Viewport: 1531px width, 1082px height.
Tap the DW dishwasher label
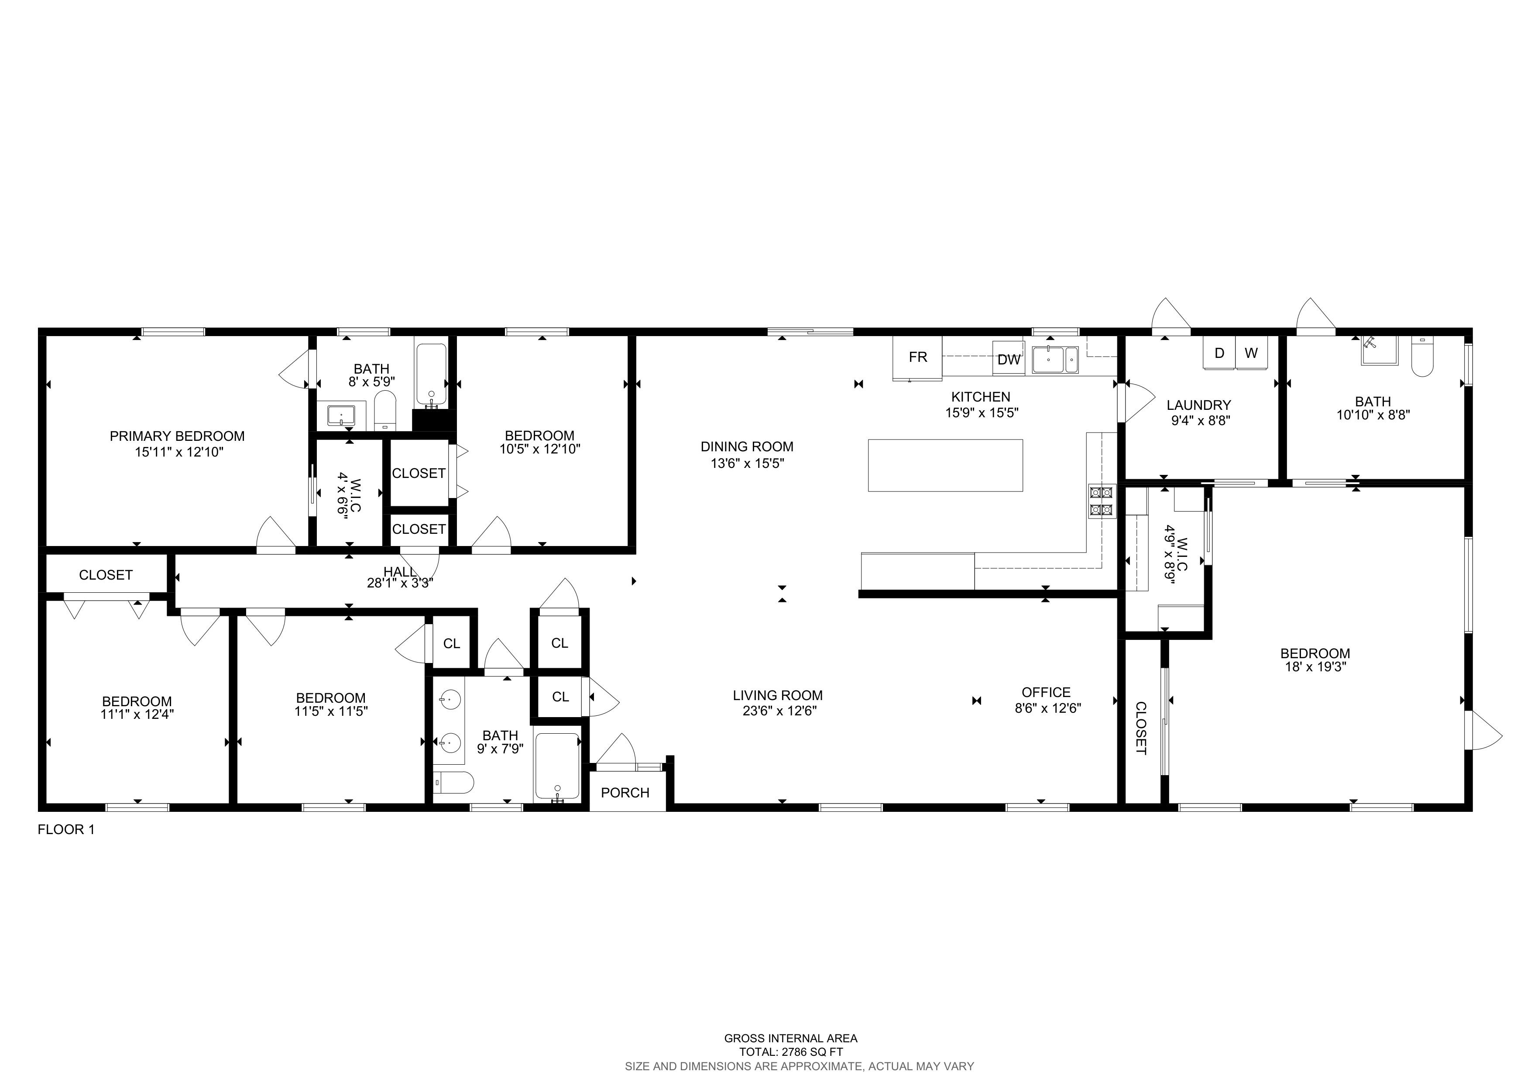click(1009, 360)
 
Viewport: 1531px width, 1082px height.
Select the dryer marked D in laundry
click(1219, 353)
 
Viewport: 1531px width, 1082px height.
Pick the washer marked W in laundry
click(1252, 353)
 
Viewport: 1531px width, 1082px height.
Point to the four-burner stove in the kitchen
click(1101, 502)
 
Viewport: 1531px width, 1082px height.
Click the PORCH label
click(625, 793)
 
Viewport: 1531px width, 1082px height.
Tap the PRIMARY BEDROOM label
click(177, 436)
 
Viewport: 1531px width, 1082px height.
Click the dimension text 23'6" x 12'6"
click(779, 711)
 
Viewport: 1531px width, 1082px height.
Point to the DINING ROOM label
click(747, 447)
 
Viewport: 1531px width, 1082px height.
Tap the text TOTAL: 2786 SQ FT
click(791, 1052)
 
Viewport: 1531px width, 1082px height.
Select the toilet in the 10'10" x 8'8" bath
click(1422, 357)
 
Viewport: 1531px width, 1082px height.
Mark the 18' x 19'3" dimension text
click(1315, 666)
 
